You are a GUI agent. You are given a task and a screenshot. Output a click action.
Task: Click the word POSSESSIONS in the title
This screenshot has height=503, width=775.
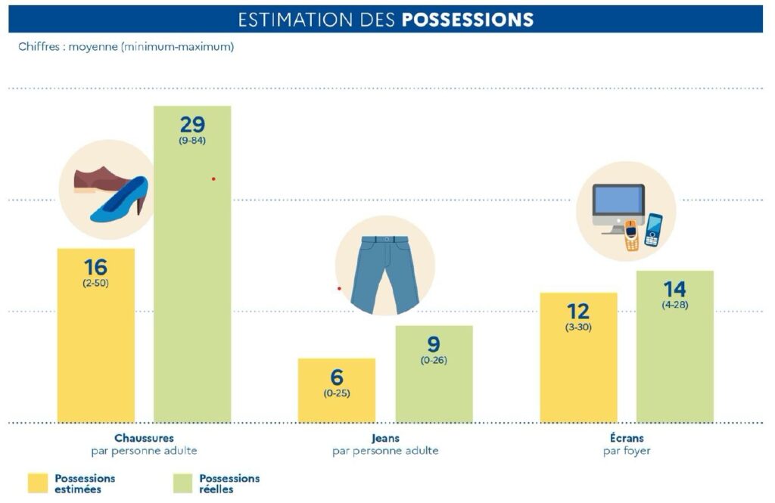(468, 20)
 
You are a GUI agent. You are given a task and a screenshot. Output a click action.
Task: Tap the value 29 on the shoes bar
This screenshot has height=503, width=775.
(192, 124)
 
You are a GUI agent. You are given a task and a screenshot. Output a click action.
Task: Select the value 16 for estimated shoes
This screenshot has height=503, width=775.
(96, 267)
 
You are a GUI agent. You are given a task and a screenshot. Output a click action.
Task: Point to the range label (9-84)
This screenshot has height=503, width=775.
(192, 141)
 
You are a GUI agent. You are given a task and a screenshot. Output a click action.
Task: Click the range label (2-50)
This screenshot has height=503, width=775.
(96, 283)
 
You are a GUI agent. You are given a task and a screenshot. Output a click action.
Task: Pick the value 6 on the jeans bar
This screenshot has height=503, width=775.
(337, 377)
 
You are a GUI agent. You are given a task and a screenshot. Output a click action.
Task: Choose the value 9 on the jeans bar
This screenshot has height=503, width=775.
(434, 344)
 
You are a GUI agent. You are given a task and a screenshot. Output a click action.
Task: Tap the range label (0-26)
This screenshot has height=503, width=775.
(434, 360)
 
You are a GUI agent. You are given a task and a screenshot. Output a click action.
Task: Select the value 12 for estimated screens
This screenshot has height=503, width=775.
(578, 311)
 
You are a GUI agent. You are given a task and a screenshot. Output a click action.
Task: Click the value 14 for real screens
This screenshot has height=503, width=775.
(674, 289)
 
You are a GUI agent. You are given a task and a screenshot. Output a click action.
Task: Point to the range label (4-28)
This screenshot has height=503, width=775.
(674, 305)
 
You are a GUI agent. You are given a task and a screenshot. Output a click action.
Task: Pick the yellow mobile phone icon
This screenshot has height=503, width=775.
(632, 236)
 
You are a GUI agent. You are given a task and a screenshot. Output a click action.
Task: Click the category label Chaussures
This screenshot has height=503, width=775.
(144, 438)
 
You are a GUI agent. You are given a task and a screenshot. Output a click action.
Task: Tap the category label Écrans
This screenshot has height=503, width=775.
(627, 438)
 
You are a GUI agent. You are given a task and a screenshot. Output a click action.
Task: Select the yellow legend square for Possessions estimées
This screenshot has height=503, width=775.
(37, 483)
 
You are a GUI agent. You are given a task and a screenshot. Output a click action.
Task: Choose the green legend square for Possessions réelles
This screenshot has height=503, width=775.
(182, 483)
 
